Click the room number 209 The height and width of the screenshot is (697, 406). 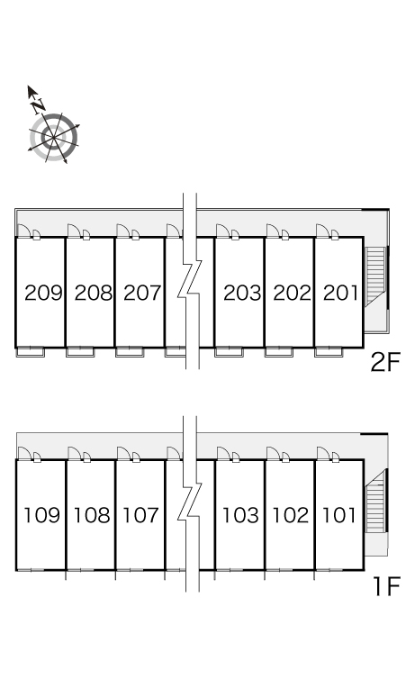[43, 293]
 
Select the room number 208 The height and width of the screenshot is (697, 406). [94, 293]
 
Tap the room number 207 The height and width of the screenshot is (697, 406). [142, 293]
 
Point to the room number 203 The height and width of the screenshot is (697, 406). [242, 293]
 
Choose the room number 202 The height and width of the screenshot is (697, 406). [292, 293]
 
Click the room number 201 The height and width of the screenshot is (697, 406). [340, 293]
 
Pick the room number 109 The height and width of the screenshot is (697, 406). [41, 515]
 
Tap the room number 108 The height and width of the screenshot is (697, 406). [92, 515]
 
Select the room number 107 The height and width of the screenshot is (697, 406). [140, 515]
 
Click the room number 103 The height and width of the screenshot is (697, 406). [240, 515]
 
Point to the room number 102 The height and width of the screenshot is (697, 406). [290, 515]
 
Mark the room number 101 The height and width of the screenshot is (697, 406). [338, 515]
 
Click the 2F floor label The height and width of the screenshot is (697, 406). [385, 363]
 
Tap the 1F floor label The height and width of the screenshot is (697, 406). [387, 586]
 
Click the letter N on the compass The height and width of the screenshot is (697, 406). [39, 104]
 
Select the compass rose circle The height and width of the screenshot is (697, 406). [54, 138]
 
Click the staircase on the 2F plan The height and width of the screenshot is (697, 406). [375, 276]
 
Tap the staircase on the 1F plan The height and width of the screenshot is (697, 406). [375, 502]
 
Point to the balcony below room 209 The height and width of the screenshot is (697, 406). [31, 352]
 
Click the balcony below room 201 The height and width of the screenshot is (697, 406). [329, 352]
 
